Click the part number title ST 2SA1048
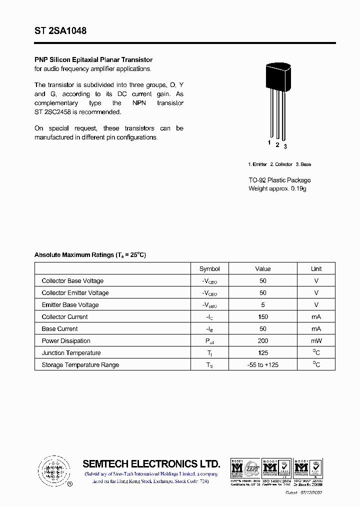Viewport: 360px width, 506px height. coord(60,31)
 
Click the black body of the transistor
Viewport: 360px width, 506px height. coord(276,77)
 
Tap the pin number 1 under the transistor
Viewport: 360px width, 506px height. coord(269,143)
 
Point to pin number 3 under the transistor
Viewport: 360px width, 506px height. coord(285,146)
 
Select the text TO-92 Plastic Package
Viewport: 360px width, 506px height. coord(279,180)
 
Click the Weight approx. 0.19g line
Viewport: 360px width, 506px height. coord(277,188)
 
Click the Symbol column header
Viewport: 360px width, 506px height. coord(209,268)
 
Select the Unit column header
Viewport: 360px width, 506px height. coord(316,268)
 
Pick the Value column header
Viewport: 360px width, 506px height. coord(262,268)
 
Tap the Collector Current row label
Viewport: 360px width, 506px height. coord(64,317)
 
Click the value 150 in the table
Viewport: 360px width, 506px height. coord(262,317)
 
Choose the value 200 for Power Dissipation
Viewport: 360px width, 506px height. coord(262,341)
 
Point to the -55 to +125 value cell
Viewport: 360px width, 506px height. coord(262,365)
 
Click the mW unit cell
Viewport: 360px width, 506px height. coord(316,341)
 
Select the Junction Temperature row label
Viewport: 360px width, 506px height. coord(71,353)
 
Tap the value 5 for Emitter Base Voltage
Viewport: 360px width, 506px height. coord(262,305)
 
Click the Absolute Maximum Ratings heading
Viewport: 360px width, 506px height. coord(90,255)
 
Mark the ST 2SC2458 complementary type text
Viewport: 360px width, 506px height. coord(53,111)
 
